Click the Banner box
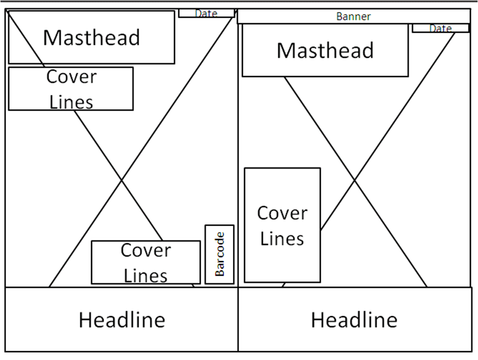point(353,16)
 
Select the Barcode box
point(219,254)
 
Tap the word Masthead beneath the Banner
point(325,50)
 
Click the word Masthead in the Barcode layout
point(91,37)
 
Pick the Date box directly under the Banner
point(440,28)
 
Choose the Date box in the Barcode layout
point(206,13)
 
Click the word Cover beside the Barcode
point(146,250)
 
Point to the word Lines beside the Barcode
point(146,275)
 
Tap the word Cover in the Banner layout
point(282,213)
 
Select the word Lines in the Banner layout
point(282,238)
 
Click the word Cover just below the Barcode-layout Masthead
point(71,77)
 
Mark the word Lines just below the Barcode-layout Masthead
point(71,102)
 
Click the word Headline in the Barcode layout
point(122,320)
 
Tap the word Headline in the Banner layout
point(354,320)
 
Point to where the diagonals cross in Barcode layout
point(122,180)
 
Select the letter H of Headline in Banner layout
point(317,320)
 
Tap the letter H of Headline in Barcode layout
point(85,320)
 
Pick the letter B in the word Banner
point(339,16)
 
